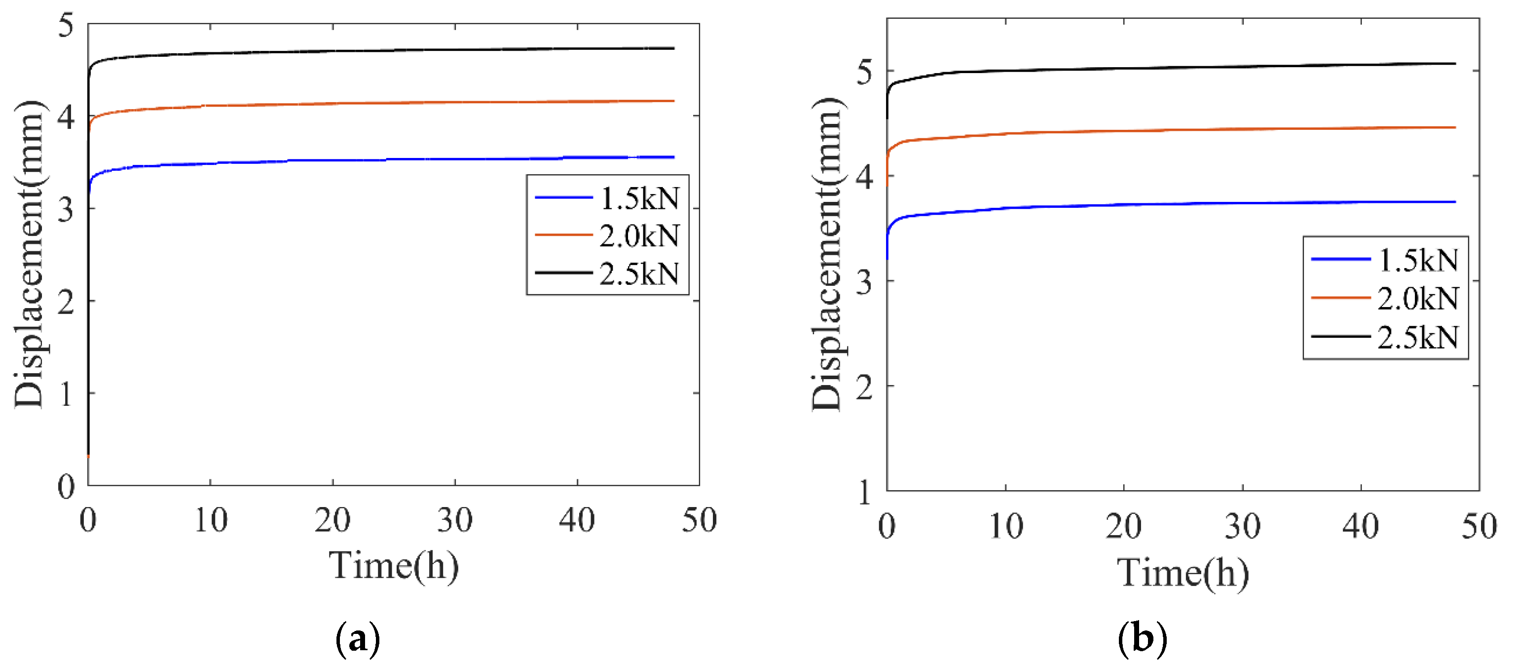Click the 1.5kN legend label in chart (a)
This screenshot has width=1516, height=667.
coord(639,198)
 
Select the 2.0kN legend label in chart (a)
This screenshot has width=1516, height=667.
coord(639,235)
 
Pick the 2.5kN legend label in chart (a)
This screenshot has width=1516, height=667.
coord(639,273)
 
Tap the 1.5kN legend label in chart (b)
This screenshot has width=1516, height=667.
coord(1418,260)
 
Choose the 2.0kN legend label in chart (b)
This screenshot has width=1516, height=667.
coord(1418,299)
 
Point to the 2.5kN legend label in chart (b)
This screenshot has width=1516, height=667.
coord(1418,337)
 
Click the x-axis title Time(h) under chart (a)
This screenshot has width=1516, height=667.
coord(394,566)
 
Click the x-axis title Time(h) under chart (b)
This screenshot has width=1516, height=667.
coord(1183,573)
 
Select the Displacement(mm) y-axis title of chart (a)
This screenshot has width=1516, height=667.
coord(30,254)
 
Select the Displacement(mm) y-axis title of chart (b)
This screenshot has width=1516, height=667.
coord(827,254)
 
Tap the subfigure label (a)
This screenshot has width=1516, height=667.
coord(357,639)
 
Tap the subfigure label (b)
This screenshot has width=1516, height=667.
coord(1142,639)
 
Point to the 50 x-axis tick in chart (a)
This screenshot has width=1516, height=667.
coord(699,520)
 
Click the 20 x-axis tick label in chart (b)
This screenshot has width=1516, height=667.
coord(1123,526)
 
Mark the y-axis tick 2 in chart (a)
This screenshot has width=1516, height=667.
coord(67,302)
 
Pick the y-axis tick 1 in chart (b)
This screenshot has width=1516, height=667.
coord(864,492)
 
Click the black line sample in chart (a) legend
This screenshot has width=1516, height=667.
coord(563,273)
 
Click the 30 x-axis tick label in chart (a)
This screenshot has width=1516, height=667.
coord(455,520)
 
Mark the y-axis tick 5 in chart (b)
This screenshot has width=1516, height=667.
coord(864,72)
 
